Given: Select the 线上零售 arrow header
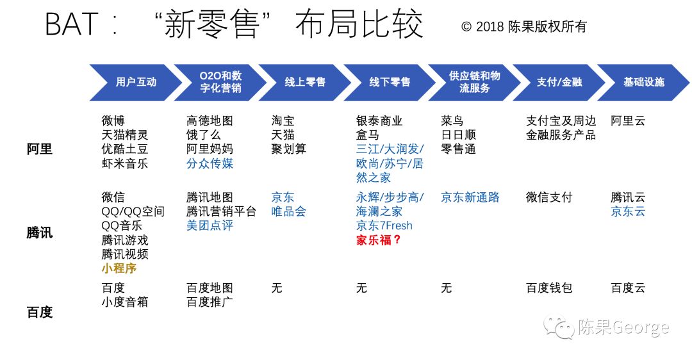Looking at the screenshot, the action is click(305, 83).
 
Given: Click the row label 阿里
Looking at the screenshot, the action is click(40, 149).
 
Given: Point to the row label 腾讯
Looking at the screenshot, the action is click(40, 233).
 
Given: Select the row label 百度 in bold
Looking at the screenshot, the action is click(40, 313).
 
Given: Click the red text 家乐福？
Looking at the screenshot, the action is click(379, 240).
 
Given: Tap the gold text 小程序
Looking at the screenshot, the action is click(119, 268).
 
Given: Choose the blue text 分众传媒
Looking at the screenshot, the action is click(210, 163).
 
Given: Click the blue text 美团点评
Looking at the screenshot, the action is click(210, 225).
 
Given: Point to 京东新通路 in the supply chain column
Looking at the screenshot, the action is click(470, 197).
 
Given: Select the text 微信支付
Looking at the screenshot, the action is click(549, 197).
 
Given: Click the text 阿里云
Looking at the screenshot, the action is click(628, 120).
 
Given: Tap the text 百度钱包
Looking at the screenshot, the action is click(549, 288).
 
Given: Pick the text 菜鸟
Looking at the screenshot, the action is click(452, 120).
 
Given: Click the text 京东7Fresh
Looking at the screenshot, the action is click(384, 225).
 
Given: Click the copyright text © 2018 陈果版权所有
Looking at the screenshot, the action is click(523, 27).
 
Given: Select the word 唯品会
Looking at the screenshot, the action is click(289, 211).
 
